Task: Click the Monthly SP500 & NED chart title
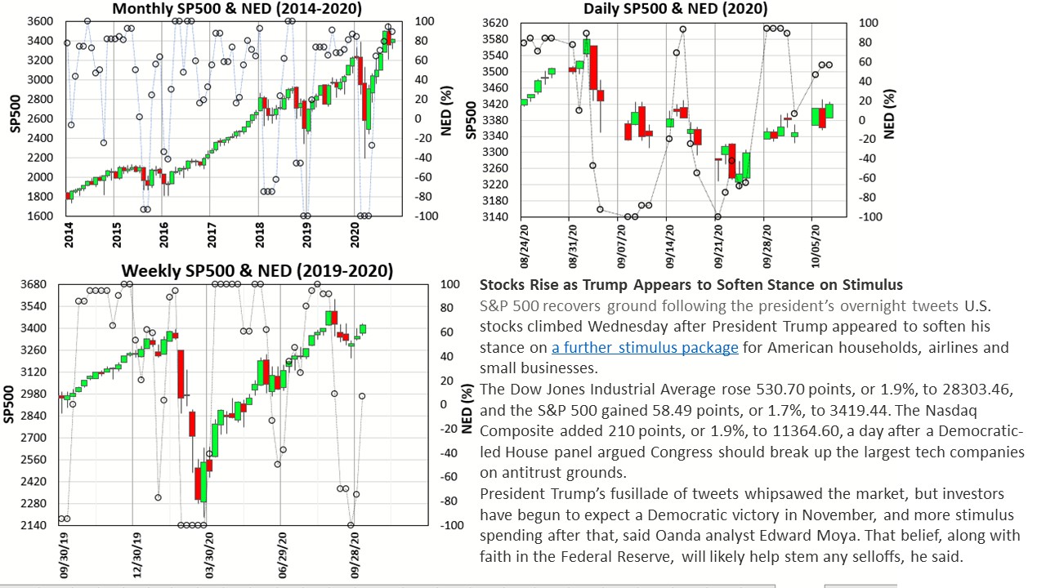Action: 237,9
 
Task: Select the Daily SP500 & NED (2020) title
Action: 676,9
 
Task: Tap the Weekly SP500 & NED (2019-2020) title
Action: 257,271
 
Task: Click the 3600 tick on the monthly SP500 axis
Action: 41,21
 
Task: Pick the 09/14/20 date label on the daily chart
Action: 670,246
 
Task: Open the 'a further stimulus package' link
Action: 645,348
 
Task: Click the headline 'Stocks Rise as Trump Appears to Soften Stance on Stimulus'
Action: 691,285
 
